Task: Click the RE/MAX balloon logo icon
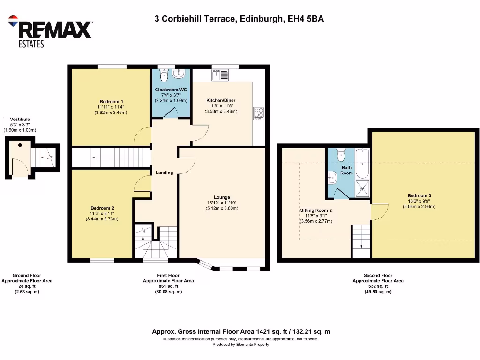tap(13, 22)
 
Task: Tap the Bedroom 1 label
tap(111, 101)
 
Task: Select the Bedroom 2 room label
tap(102, 208)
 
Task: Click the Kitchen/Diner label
tap(221, 100)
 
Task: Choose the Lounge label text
tap(222, 197)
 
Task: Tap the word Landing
tap(164, 172)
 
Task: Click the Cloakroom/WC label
tap(171, 90)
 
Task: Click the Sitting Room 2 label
tap(316, 210)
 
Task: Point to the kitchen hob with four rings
tap(259, 113)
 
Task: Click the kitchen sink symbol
tap(220, 74)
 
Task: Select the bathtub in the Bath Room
tap(362, 164)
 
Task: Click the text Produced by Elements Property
tap(240, 345)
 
